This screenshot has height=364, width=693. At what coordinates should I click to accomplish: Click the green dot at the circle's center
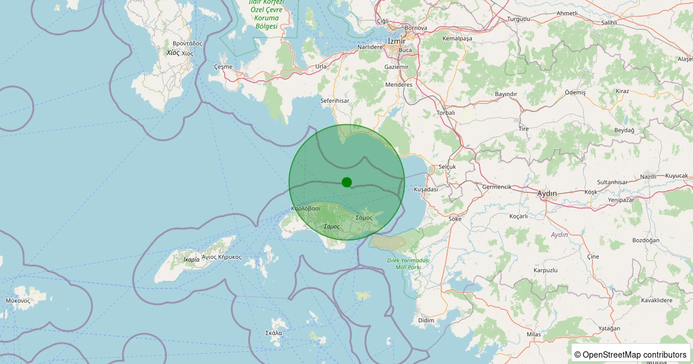(346, 182)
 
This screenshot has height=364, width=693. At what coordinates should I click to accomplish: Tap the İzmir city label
(397, 41)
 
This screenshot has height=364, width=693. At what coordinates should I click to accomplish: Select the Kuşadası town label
(426, 189)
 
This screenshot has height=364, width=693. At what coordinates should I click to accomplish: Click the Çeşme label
(223, 66)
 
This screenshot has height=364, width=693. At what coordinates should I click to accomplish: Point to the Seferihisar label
(335, 101)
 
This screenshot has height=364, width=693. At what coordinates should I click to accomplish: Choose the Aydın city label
(547, 193)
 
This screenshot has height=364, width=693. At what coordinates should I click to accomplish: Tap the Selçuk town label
(448, 166)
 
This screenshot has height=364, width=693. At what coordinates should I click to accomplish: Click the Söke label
(456, 219)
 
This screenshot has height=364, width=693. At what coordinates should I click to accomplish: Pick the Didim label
(426, 320)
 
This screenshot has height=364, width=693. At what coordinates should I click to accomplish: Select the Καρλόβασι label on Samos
(305, 208)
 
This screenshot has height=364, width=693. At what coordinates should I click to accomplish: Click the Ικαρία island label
(191, 259)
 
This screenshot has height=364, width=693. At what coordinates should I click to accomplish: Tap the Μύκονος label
(18, 300)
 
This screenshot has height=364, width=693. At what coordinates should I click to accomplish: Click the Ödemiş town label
(575, 92)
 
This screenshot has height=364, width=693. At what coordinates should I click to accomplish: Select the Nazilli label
(649, 177)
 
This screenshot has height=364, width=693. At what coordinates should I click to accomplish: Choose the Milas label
(534, 335)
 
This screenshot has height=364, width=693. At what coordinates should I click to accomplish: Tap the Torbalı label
(446, 113)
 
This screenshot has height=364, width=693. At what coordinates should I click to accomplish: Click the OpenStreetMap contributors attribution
(631, 354)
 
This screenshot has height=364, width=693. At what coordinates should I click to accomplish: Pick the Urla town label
(321, 66)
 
